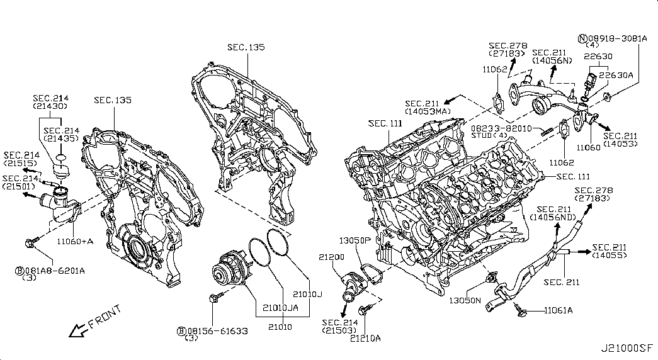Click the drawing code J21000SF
click(x=627, y=349)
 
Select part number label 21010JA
click(x=280, y=308)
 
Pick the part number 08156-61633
click(x=217, y=331)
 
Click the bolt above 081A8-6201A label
click(x=31, y=242)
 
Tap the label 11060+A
click(x=76, y=241)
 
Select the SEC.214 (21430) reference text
click(x=51, y=102)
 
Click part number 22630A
click(x=616, y=75)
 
